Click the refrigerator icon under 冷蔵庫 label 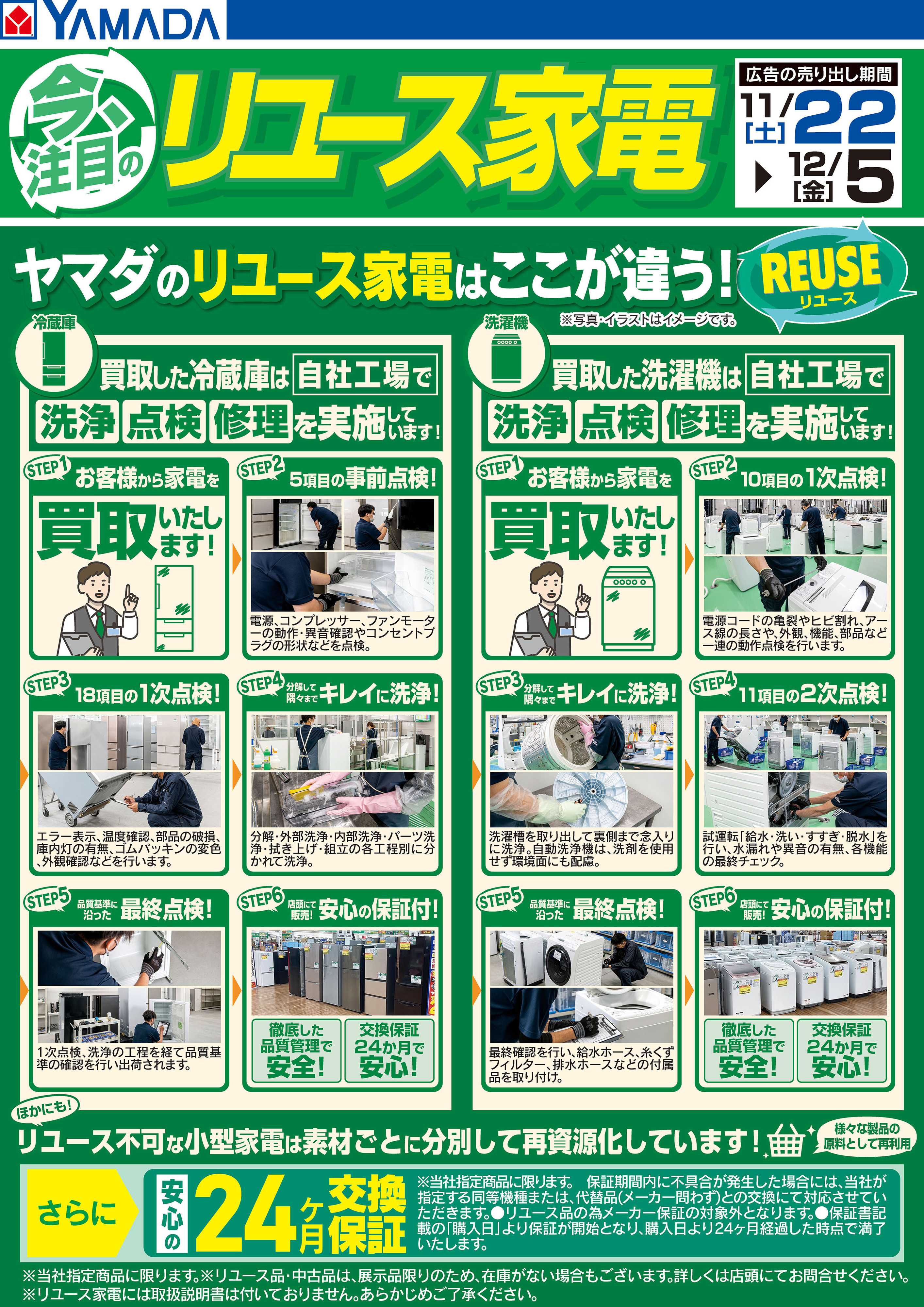tap(55, 359)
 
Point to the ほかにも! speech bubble tap(45, 1109)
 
